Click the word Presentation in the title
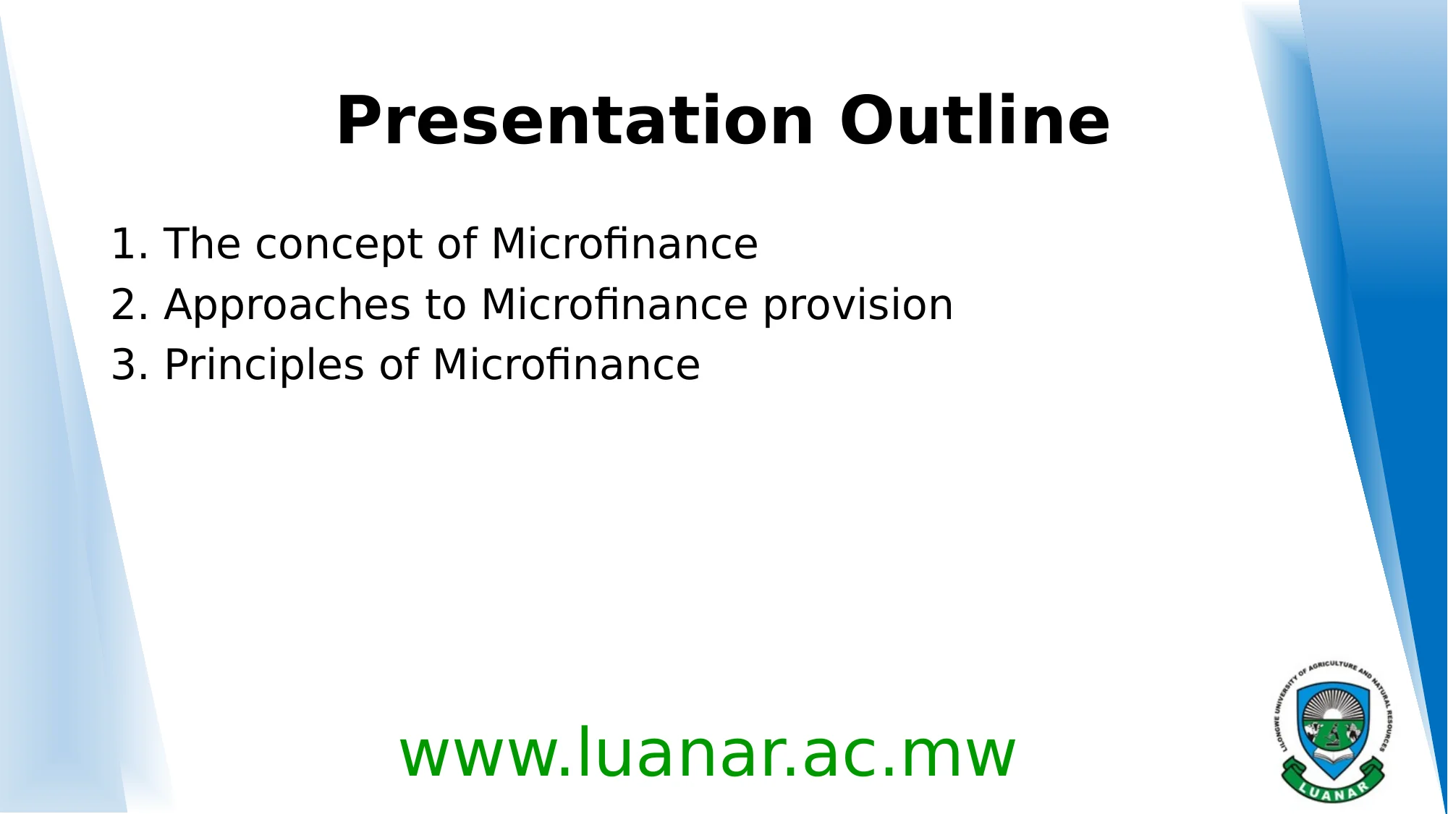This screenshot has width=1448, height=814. tap(575, 122)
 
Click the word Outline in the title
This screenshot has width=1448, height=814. tap(974, 122)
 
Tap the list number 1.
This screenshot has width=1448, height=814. tap(124, 244)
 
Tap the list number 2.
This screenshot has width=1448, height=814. tap(124, 305)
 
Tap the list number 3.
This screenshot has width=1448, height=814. tap(124, 365)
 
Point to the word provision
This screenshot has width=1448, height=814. tap(858, 305)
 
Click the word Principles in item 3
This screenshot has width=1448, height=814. tap(264, 366)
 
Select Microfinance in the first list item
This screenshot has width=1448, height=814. tap(624, 244)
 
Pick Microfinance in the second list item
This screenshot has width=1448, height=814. tap(614, 305)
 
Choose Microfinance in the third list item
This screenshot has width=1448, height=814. tap(567, 365)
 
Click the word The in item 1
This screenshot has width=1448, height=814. tap(202, 244)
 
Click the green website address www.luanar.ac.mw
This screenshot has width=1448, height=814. tap(707, 754)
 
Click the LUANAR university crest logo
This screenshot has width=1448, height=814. tap(1332, 731)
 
